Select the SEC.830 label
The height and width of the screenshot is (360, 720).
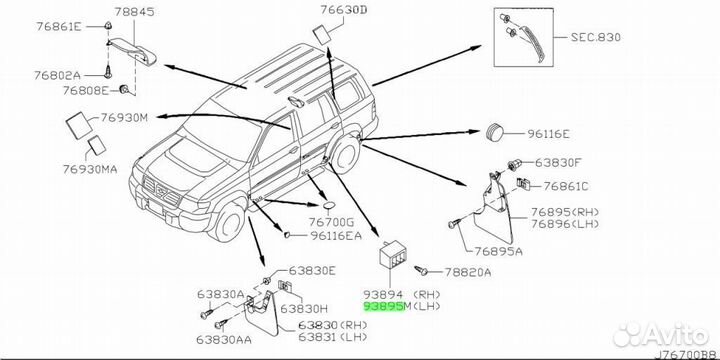[596, 37]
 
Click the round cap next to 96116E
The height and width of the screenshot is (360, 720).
[495, 132]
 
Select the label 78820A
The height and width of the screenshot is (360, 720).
[467, 272]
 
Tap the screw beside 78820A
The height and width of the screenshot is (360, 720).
[421, 270]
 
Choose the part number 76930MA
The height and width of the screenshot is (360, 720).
[90, 169]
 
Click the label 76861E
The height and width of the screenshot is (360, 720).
[59, 26]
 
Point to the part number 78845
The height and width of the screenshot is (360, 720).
[134, 12]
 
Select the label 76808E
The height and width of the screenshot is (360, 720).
[86, 90]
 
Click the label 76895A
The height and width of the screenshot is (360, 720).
[499, 251]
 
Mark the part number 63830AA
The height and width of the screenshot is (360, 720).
[224, 339]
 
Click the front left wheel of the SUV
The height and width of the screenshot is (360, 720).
[228, 222]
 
